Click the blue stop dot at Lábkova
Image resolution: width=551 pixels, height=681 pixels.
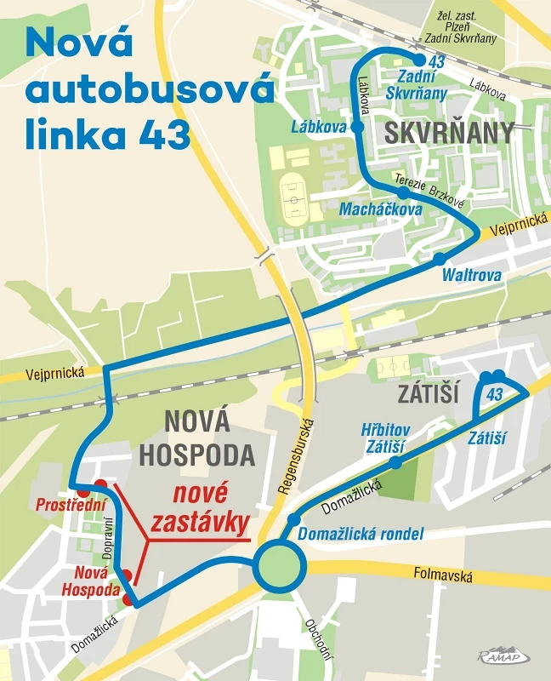(357, 126)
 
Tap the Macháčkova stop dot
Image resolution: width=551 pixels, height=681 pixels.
(404, 193)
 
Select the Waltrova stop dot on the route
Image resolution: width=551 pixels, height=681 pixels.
(439, 258)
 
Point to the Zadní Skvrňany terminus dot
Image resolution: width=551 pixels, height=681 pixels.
(419, 59)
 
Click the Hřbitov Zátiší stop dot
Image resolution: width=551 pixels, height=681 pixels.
(395, 462)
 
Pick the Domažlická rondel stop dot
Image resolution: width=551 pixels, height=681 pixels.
(294, 519)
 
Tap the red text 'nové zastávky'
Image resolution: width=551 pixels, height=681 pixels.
(201, 507)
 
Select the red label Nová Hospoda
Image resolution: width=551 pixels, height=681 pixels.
(89, 581)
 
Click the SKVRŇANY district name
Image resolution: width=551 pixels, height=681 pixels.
(450, 133)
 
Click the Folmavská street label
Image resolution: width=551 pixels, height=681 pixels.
(443, 576)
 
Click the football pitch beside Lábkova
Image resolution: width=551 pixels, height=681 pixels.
(294, 197)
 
